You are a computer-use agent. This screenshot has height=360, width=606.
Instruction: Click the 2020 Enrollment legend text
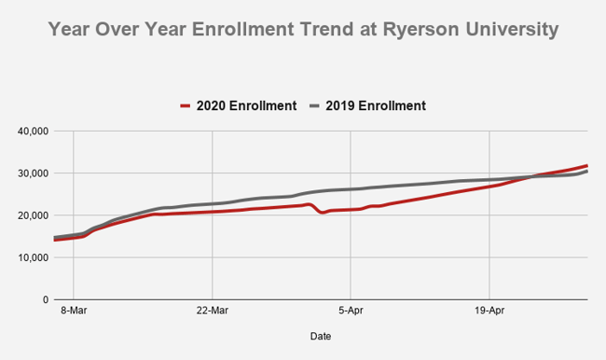(x=246, y=105)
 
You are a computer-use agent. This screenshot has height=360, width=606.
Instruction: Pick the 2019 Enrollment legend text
(x=375, y=105)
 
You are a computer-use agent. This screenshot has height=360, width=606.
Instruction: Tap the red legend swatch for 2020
(x=186, y=105)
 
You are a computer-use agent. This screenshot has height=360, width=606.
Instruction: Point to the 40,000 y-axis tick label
(x=34, y=131)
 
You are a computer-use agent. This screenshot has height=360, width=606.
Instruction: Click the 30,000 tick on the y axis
(x=34, y=173)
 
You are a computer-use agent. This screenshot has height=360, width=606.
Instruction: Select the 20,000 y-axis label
(x=34, y=215)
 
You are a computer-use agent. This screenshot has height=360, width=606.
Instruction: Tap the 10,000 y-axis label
(x=34, y=257)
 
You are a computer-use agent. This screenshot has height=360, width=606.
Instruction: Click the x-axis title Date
(x=320, y=336)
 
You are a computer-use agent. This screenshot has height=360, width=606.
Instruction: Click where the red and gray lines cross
(x=534, y=176)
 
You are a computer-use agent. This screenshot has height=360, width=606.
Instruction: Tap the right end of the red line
(x=585, y=166)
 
